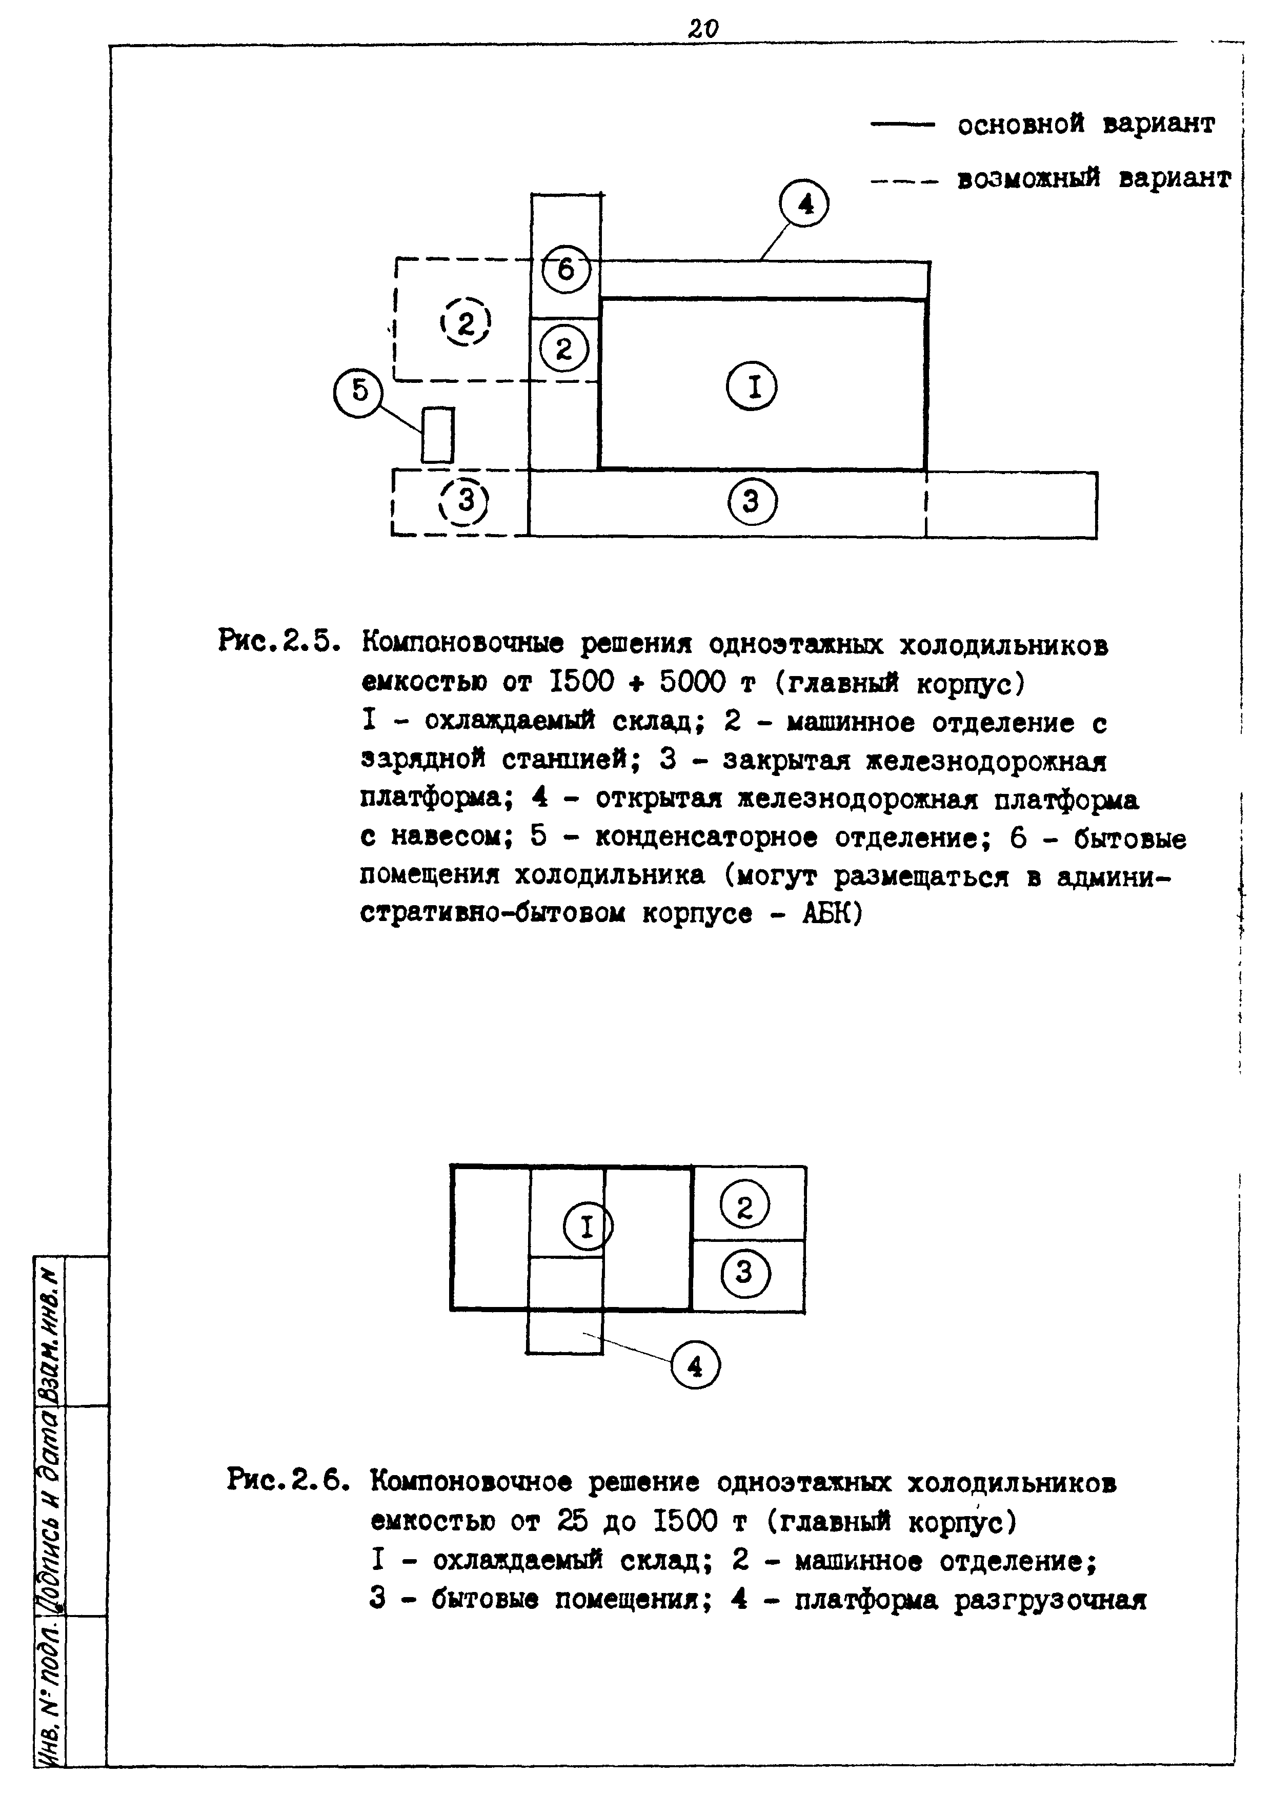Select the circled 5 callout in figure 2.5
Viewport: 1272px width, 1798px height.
[x=359, y=391]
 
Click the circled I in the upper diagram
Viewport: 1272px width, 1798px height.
[x=753, y=387]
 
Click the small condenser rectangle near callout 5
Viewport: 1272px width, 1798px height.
[x=437, y=435]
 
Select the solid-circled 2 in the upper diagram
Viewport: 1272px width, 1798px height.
[x=564, y=350]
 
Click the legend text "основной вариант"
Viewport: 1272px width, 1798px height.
[x=1085, y=124]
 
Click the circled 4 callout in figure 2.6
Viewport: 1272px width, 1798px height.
[x=695, y=1366]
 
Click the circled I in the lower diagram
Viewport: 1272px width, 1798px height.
[x=588, y=1227]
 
